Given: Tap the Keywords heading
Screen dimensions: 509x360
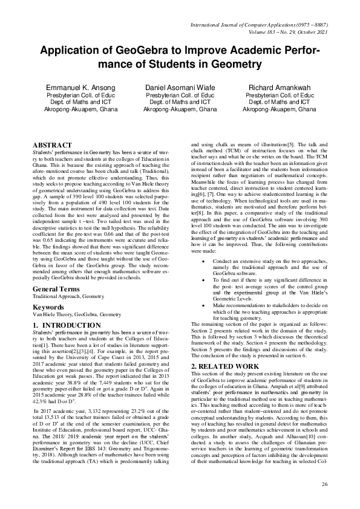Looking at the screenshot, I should click(48, 307).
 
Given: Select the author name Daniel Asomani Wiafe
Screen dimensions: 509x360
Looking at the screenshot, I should click(180, 88).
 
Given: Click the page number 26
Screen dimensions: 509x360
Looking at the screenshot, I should click(324, 484).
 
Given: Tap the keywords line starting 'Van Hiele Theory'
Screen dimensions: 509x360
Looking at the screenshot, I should click(76, 315).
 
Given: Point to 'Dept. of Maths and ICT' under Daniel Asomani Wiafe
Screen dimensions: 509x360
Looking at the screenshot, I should click(180, 103).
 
